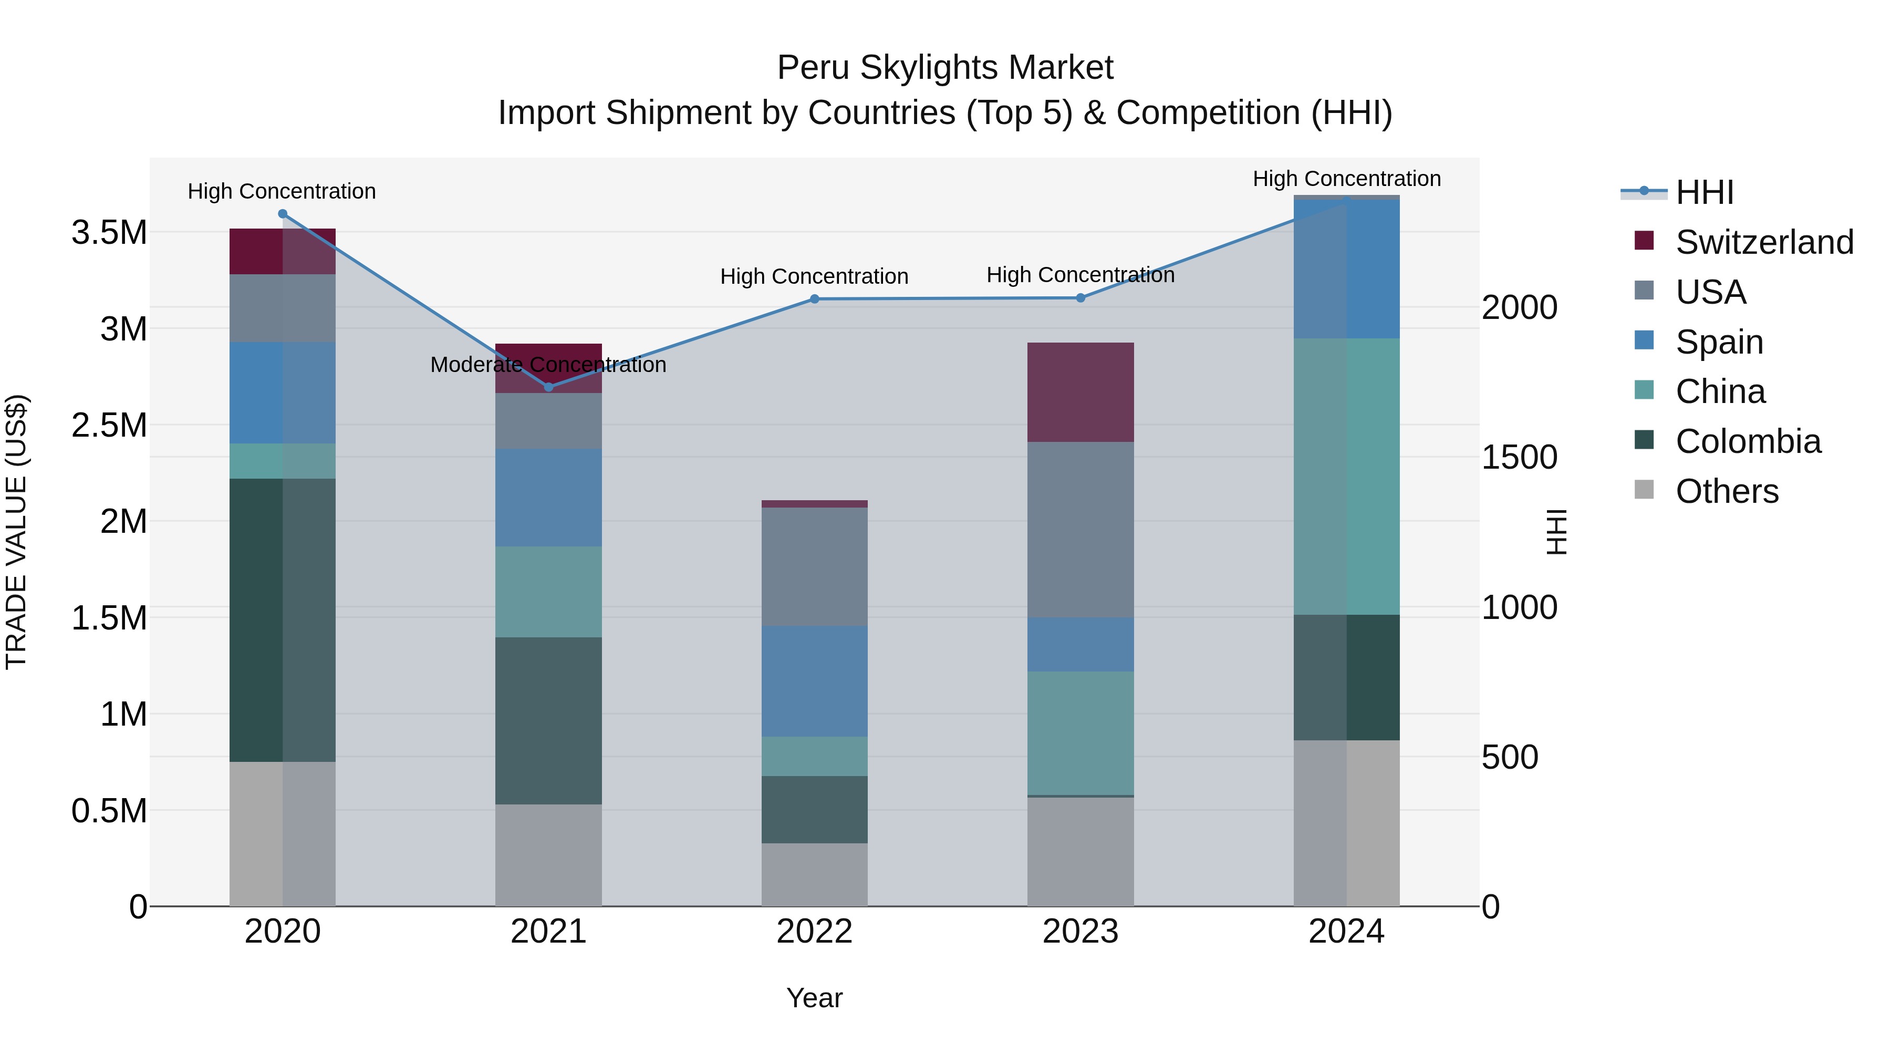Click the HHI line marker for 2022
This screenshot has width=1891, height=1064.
(x=814, y=299)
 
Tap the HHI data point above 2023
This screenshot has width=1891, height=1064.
(x=1080, y=297)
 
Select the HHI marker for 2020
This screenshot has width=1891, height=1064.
(x=283, y=214)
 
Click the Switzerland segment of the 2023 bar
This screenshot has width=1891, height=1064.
(x=1080, y=391)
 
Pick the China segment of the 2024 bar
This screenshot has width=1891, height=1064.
(x=1346, y=476)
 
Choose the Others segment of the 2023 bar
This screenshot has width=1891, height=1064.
(x=1080, y=851)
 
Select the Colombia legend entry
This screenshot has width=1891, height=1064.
(x=1748, y=441)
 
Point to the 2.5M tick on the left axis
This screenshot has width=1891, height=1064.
(x=109, y=425)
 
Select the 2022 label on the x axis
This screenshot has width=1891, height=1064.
(x=814, y=932)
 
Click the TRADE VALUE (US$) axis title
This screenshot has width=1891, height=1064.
(x=16, y=532)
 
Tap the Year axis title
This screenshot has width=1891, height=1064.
(x=814, y=998)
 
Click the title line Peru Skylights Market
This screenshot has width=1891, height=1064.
(x=945, y=68)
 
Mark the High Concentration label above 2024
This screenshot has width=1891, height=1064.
(x=1346, y=179)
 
